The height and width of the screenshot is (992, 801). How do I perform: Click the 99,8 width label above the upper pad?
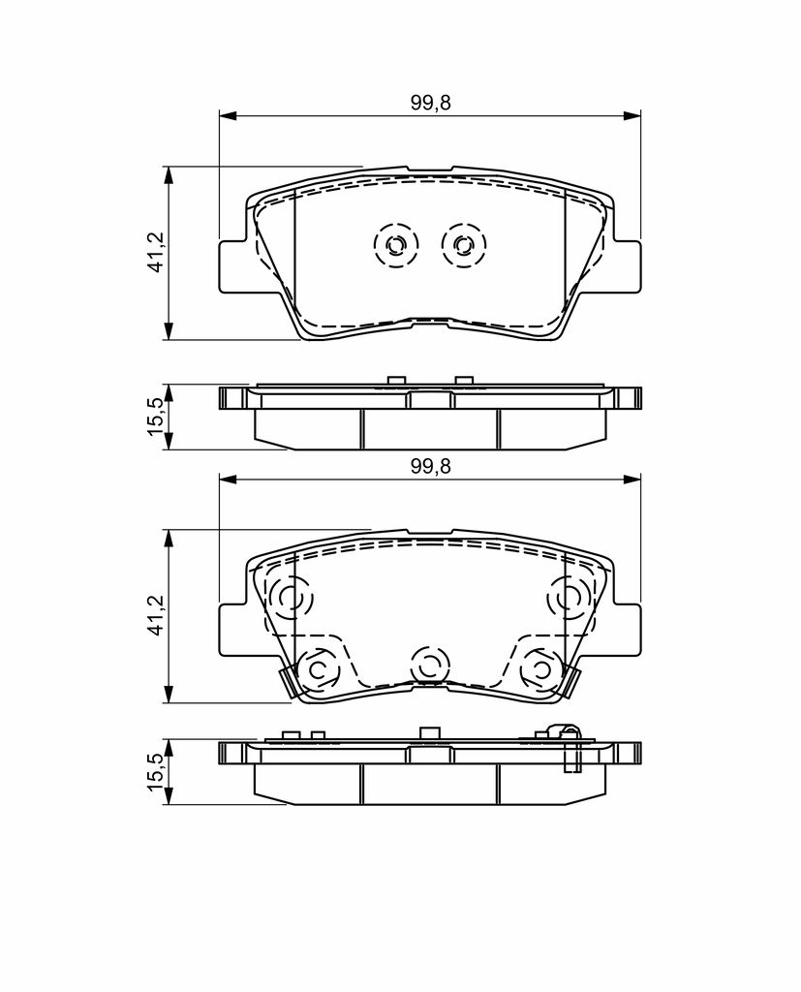(x=430, y=103)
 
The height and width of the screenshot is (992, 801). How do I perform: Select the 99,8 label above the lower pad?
(x=430, y=466)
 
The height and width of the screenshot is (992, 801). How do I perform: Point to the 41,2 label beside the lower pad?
(x=156, y=615)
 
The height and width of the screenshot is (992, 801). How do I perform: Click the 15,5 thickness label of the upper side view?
(x=156, y=417)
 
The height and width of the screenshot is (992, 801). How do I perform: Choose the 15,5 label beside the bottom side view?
(x=156, y=772)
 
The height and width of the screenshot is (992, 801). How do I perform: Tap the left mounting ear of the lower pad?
(x=232, y=630)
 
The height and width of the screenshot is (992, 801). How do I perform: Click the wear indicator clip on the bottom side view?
(x=571, y=749)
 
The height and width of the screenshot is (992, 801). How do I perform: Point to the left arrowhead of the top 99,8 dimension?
(x=227, y=116)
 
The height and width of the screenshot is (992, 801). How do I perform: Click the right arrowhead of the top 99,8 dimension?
(x=632, y=116)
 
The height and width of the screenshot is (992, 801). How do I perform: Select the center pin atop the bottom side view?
(x=430, y=733)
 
